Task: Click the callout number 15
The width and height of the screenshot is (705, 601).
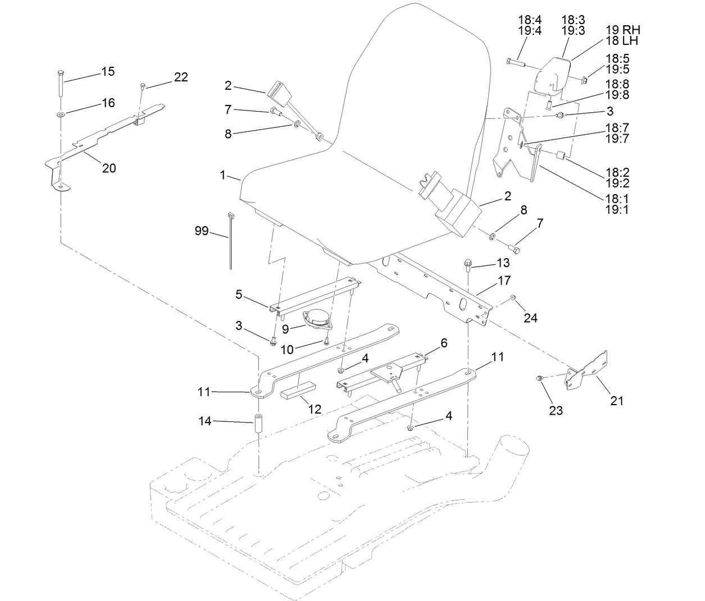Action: (108, 72)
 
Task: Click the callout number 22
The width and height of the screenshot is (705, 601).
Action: (180, 77)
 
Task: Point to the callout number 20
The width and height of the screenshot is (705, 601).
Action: (109, 168)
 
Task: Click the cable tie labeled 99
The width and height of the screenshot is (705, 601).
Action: (230, 241)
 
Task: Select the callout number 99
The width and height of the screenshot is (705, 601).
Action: (201, 231)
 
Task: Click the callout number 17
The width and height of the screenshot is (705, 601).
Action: (504, 279)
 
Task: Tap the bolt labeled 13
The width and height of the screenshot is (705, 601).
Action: (468, 264)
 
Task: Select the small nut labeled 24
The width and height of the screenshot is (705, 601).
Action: (513, 297)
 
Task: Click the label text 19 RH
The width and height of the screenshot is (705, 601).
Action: (623, 30)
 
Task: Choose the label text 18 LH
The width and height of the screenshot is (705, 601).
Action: (622, 40)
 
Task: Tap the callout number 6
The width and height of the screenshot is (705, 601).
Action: (444, 343)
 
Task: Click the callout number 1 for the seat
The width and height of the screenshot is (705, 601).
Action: (223, 176)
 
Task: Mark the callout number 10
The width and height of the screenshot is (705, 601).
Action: (286, 350)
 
